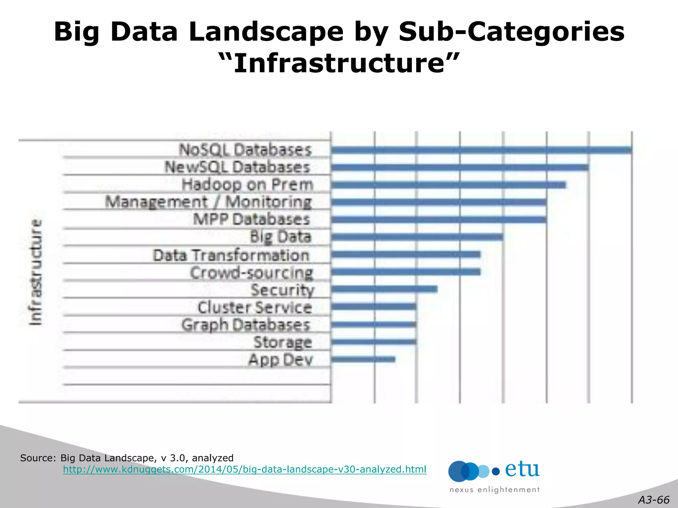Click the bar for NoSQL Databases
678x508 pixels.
[x=482, y=150]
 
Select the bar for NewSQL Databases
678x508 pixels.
[x=460, y=167]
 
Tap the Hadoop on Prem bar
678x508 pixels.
[x=449, y=185]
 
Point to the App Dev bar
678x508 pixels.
[x=363, y=359]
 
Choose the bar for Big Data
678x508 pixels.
[x=417, y=237]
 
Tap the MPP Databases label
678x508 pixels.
[x=252, y=219]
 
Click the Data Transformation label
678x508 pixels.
[x=231, y=255]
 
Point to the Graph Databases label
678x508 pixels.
[x=246, y=325]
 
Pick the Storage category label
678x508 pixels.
[x=283, y=342]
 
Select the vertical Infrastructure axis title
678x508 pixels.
[x=35, y=272]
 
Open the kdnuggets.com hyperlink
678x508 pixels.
[x=244, y=469]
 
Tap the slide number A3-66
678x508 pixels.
[x=654, y=500]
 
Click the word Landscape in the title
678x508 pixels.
[x=266, y=32]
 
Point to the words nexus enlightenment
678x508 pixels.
[x=494, y=490]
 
